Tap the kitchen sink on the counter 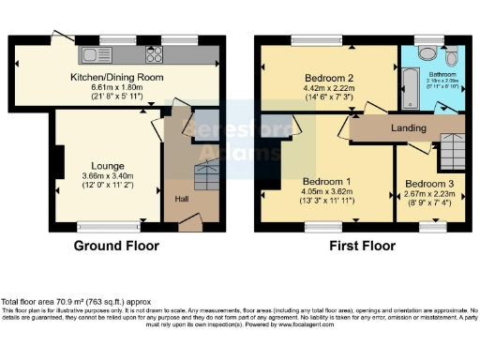coord(97,51)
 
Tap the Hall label coord(181,199)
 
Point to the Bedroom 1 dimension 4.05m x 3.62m coord(324,191)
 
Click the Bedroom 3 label coord(429,184)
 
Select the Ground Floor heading coord(117,247)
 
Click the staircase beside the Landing coord(452,150)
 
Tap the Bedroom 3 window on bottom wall coord(432,226)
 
